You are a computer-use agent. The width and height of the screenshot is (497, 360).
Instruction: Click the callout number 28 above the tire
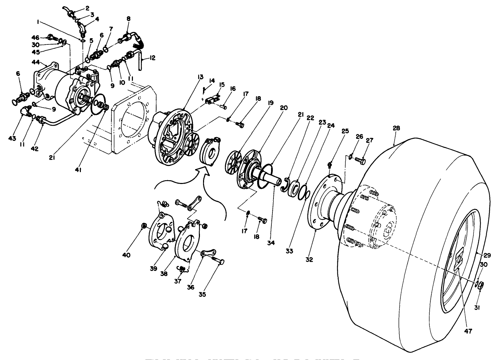point(396,128)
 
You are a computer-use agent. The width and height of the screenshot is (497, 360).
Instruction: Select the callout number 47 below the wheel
point(468,331)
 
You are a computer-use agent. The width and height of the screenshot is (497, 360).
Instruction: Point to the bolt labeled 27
point(360,161)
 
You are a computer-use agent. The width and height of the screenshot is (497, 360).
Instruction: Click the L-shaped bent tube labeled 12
point(140,59)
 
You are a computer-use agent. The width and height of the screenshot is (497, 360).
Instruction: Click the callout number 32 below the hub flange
point(309,259)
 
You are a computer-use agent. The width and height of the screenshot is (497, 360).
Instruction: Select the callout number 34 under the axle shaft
point(271,243)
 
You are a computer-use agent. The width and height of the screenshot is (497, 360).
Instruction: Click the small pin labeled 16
point(224,107)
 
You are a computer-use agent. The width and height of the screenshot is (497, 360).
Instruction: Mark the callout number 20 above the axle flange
point(284,108)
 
